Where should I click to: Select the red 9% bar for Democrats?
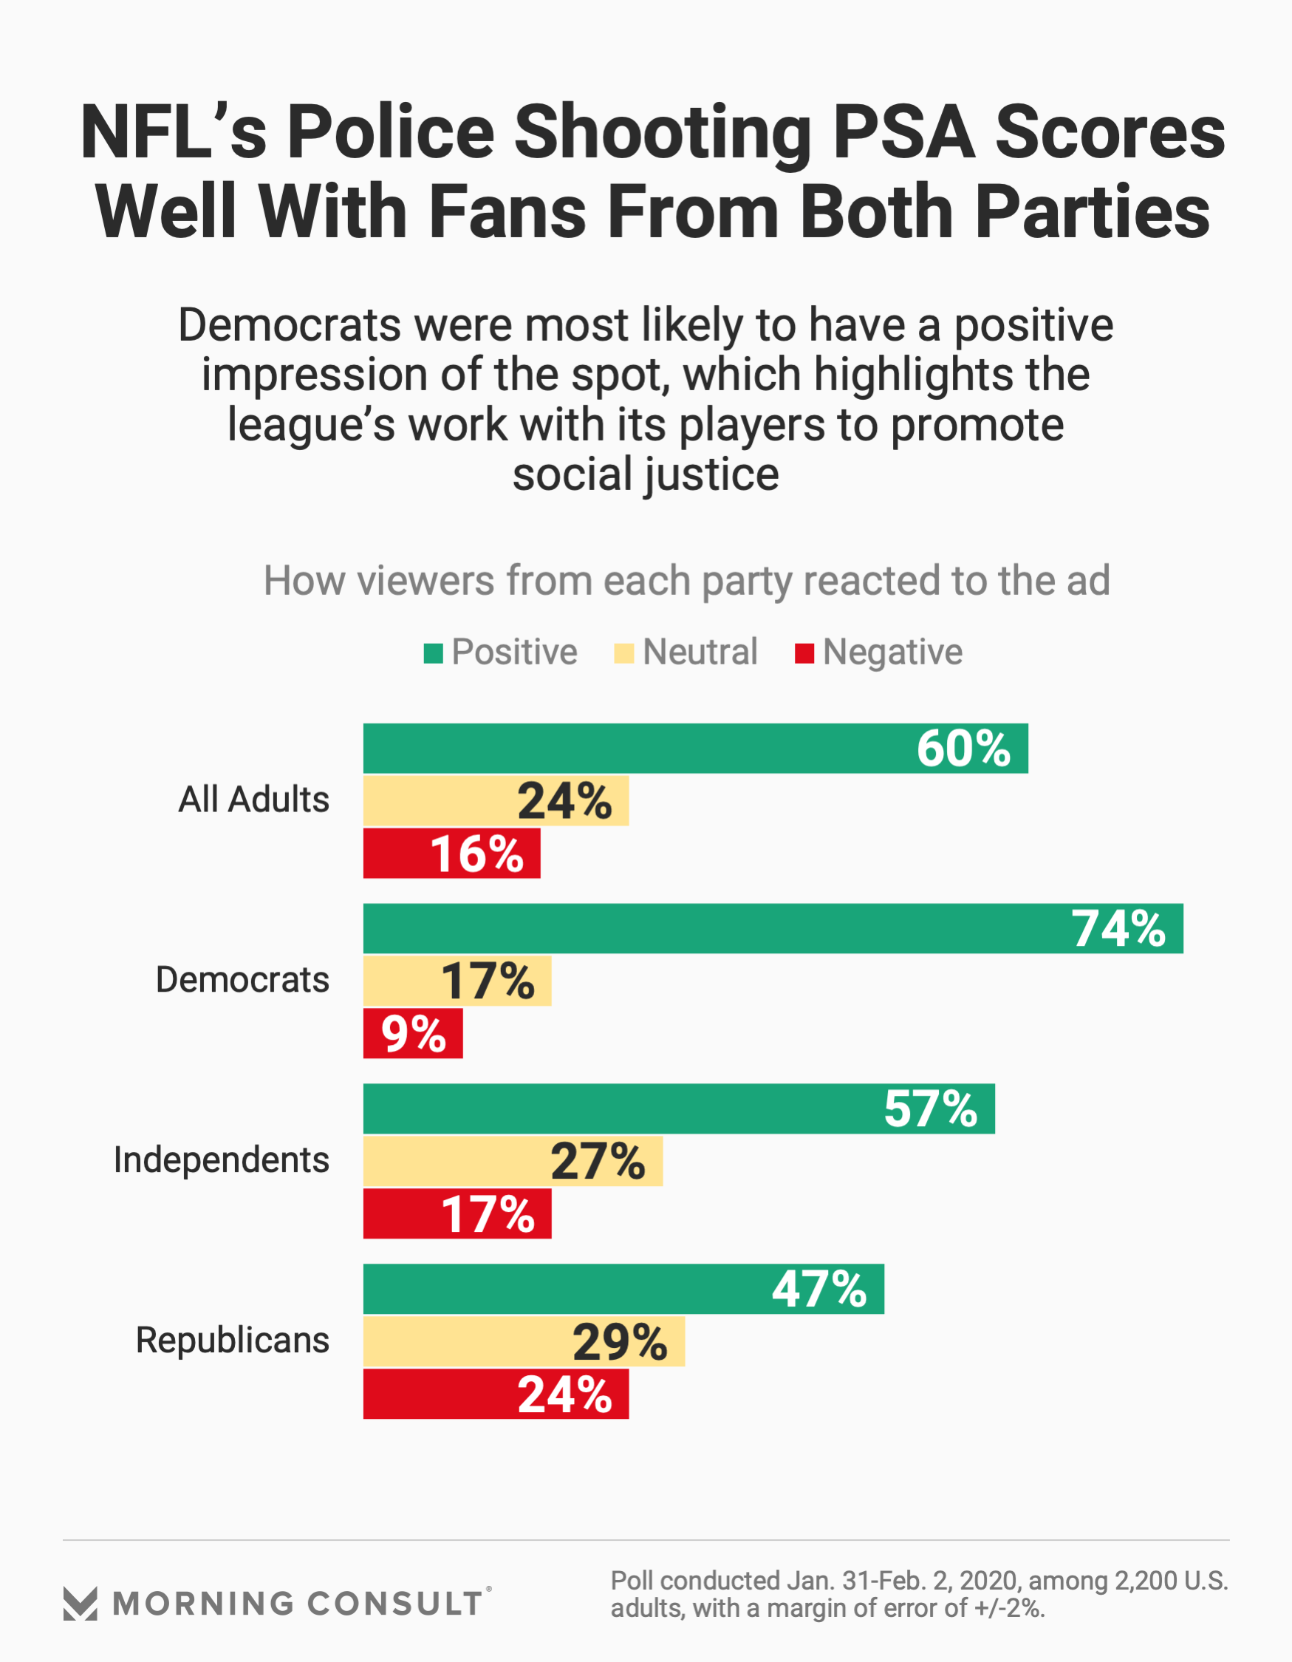(x=412, y=1033)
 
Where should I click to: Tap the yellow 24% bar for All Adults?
(x=496, y=800)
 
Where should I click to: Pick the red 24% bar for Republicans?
(x=496, y=1394)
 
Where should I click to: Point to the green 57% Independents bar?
(x=679, y=1108)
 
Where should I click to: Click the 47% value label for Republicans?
(x=818, y=1289)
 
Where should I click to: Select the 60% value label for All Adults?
(x=963, y=749)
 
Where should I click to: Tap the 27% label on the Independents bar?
(x=598, y=1161)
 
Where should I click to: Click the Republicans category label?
(x=232, y=1340)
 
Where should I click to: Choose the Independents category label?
(x=222, y=1159)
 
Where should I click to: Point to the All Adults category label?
(x=253, y=800)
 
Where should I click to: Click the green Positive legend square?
(x=433, y=654)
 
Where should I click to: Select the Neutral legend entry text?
(x=700, y=653)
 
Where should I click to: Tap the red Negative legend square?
(x=804, y=654)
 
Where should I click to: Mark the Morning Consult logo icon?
(x=80, y=1604)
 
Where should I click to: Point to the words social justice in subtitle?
(x=645, y=475)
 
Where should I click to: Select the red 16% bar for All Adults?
(x=451, y=853)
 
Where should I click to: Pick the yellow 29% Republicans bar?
(x=524, y=1341)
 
